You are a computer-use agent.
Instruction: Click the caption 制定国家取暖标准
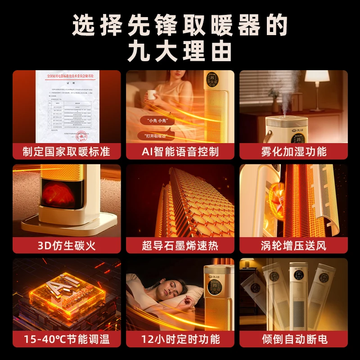pyautogui.click(x=67, y=151)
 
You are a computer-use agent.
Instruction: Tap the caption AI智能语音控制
pyautogui.click(x=180, y=151)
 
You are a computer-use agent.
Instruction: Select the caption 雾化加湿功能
pyautogui.click(x=293, y=151)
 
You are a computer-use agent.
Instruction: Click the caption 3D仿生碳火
pyautogui.click(x=67, y=245)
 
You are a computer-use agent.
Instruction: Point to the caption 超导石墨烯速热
pyautogui.click(x=180, y=245)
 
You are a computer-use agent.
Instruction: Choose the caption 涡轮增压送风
pyautogui.click(x=293, y=245)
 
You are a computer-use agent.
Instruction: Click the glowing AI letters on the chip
pyautogui.click(x=58, y=288)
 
